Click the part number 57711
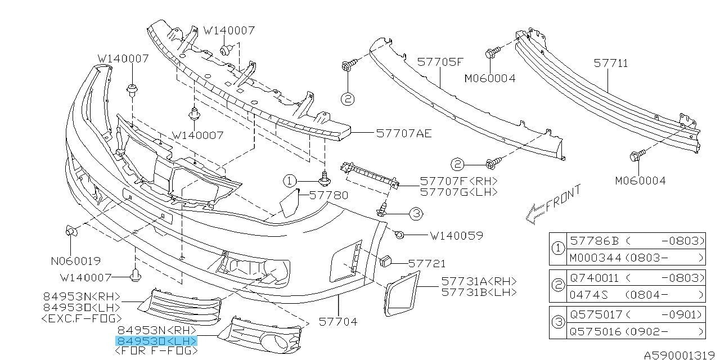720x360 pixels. tap(611, 64)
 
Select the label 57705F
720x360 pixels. tap(440, 62)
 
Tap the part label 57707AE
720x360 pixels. tap(404, 133)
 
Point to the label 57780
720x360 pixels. tap(329, 195)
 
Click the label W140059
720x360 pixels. tap(456, 235)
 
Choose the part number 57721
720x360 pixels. tap(426, 263)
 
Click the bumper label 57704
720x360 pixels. tap(337, 322)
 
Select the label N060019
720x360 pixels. tap(75, 261)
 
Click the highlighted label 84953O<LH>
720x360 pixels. tap(156, 341)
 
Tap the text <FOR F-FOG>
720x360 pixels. tap(156, 350)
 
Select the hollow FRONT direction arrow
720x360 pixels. tap(533, 214)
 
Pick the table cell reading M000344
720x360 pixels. tap(594, 258)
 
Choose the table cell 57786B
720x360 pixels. tap(594, 241)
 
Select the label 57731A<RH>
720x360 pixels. tap(479, 281)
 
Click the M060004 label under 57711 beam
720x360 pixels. tap(640, 181)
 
